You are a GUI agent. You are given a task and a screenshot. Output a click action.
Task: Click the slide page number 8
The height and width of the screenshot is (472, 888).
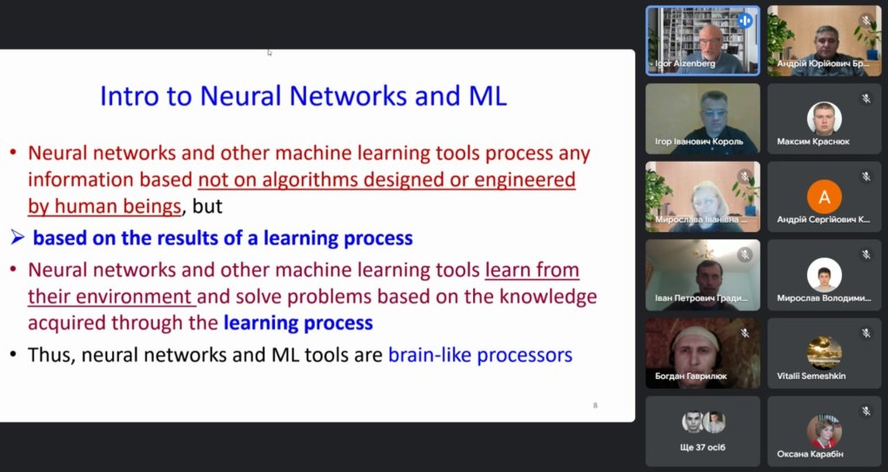click(x=595, y=405)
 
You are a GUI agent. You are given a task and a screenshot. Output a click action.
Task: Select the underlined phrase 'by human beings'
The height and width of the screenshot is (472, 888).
click(x=104, y=206)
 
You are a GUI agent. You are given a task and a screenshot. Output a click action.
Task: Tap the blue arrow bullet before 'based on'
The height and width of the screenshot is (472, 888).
click(x=17, y=237)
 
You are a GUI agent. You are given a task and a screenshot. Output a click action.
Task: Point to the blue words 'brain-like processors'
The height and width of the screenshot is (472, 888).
click(x=480, y=355)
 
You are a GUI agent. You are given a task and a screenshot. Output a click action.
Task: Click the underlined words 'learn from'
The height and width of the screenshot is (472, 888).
click(x=532, y=270)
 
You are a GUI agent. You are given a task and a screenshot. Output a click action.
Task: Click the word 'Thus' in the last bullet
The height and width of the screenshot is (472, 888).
click(x=51, y=355)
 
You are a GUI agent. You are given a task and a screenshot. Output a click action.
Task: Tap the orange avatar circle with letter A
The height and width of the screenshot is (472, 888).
click(x=824, y=197)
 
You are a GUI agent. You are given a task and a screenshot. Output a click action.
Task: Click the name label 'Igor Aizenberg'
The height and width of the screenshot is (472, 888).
click(x=685, y=64)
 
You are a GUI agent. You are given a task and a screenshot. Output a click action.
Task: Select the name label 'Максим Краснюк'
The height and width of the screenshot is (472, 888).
click(x=813, y=142)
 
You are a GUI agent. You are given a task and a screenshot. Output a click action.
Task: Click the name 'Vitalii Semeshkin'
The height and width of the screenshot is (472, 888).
click(x=811, y=376)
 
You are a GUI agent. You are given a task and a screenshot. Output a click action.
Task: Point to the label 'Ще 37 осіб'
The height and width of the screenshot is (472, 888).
click(x=702, y=447)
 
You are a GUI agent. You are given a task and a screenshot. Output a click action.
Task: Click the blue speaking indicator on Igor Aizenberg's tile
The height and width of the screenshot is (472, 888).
click(x=744, y=21)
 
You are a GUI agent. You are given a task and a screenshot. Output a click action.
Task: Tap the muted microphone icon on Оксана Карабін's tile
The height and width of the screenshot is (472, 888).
click(x=866, y=411)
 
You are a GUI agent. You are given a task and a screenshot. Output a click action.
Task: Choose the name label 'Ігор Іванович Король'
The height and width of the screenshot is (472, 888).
click(x=699, y=142)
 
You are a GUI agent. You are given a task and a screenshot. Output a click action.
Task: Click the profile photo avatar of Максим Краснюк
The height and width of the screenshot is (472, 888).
click(x=824, y=119)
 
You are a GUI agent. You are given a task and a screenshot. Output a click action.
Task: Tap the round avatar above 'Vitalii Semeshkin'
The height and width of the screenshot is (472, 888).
click(x=824, y=353)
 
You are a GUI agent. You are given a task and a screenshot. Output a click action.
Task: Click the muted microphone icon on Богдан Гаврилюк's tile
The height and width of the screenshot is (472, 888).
click(x=744, y=333)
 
